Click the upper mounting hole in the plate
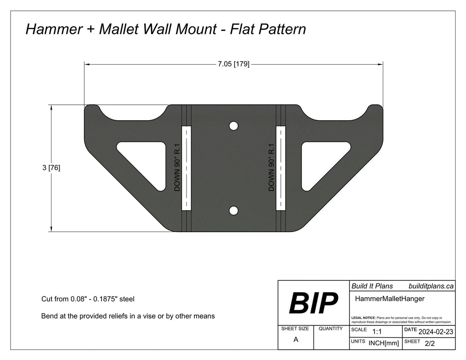coord(233,126)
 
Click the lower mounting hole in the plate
coord(233,210)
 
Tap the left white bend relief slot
coord(187,168)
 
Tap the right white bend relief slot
coord(280,168)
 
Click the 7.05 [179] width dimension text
coord(233,64)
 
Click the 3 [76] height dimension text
coord(51,168)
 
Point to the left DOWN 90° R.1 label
coord(177,167)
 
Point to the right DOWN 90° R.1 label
coord(271,167)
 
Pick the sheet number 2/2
coord(429,344)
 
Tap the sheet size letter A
coord(296,340)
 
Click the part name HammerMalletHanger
coord(389,299)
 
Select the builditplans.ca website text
coord(431,286)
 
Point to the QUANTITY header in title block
coord(331,329)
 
